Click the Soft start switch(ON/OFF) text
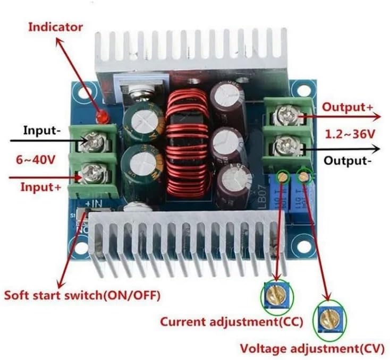pyautogui.click(x=82, y=294)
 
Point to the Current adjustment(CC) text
pyautogui.click(x=232, y=321)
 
